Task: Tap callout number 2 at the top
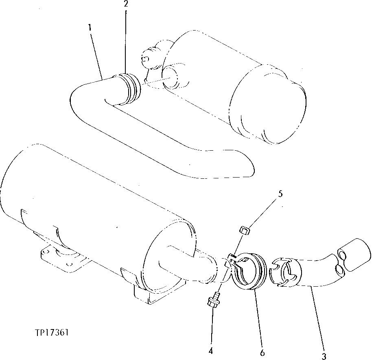(x=126, y=4)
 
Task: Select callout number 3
(x=324, y=357)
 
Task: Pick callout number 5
(x=280, y=194)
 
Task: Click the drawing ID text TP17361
(x=52, y=333)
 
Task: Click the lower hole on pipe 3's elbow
(x=339, y=269)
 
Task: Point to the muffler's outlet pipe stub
(x=187, y=265)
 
